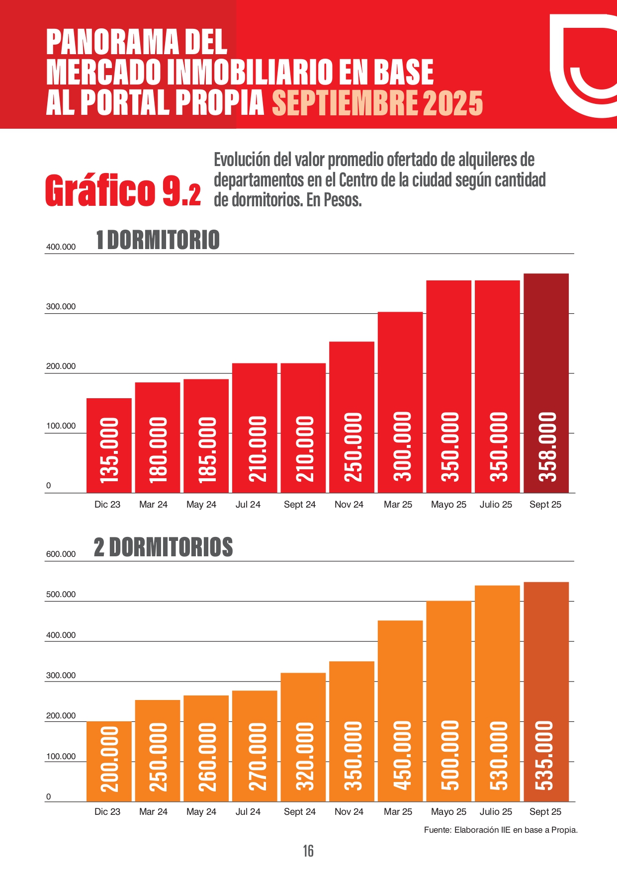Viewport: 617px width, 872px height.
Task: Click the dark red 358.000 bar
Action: tap(546, 383)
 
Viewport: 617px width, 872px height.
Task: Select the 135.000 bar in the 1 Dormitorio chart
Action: tap(109, 445)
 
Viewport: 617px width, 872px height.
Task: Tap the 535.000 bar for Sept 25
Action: tap(546, 691)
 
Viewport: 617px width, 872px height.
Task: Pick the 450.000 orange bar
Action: tap(400, 710)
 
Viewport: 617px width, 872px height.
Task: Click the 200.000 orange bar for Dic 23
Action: tap(109, 761)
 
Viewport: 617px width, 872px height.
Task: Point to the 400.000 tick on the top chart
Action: tap(61, 247)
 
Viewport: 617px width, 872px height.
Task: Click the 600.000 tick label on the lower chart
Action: tap(61, 554)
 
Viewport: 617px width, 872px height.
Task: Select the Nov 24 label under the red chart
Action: tap(349, 505)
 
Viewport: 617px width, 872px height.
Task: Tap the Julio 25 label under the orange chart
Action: tap(496, 812)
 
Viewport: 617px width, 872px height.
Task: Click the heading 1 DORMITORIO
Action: tap(158, 240)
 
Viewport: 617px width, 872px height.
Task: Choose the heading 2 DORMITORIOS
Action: tap(163, 547)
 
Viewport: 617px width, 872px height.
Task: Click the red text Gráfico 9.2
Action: tap(123, 190)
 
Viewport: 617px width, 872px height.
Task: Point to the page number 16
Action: tap(308, 851)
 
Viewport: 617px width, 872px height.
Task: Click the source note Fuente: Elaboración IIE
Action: tap(501, 830)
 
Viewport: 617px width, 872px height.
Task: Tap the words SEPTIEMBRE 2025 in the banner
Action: tap(377, 103)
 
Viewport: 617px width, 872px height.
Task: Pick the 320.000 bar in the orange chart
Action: tap(303, 737)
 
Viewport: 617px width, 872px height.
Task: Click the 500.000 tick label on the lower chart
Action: tap(61, 595)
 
